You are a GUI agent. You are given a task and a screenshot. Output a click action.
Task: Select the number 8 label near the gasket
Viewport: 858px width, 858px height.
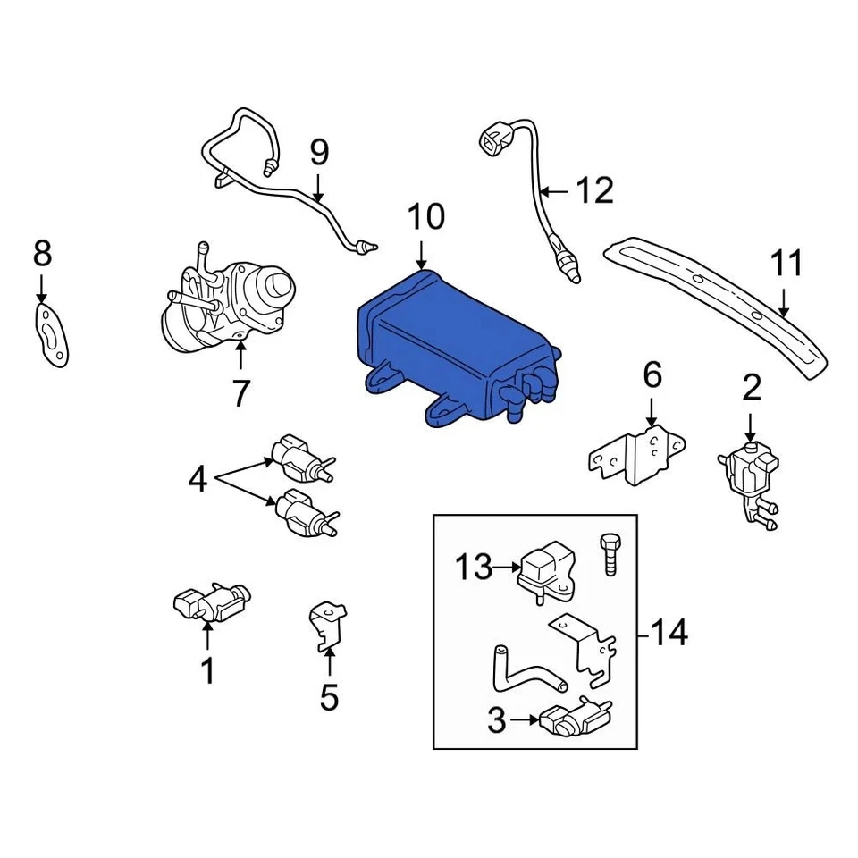coord(42,255)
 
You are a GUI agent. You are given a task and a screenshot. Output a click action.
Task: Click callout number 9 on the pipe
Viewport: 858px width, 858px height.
coord(319,154)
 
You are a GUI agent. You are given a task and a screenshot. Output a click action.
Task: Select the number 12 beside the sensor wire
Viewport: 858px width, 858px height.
coord(594,190)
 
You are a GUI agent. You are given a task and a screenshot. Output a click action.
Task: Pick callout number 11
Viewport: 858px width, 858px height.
coord(786,265)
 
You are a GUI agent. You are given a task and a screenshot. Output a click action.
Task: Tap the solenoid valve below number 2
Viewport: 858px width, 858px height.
coord(749,474)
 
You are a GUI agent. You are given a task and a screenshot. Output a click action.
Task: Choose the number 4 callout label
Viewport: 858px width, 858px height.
coord(198,480)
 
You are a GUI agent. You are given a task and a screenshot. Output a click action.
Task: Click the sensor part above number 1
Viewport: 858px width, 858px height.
coord(210,603)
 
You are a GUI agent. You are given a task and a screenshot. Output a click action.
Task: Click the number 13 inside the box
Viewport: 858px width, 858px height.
coord(474,568)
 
